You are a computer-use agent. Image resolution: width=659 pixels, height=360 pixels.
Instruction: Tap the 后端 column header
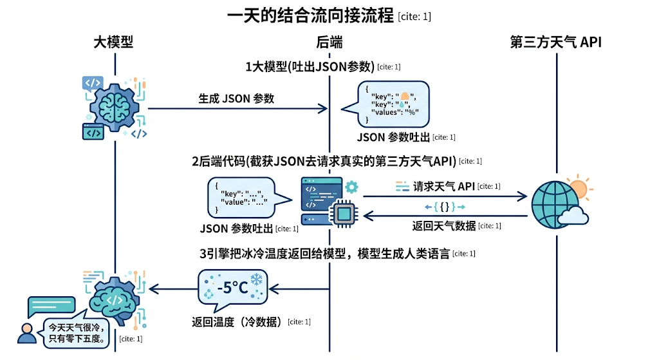click(329, 43)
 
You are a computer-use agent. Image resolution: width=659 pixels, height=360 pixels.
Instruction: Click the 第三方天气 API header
click(555, 43)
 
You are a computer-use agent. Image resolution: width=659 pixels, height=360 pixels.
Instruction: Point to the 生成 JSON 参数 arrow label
click(236, 99)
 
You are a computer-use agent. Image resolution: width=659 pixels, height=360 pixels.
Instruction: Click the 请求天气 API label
click(443, 186)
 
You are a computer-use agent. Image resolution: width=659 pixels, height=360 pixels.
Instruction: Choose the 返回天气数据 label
click(443, 225)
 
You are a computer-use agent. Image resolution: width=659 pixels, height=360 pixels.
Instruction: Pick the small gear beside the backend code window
click(351, 187)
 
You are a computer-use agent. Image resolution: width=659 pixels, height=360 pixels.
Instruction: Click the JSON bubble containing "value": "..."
click(240, 197)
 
